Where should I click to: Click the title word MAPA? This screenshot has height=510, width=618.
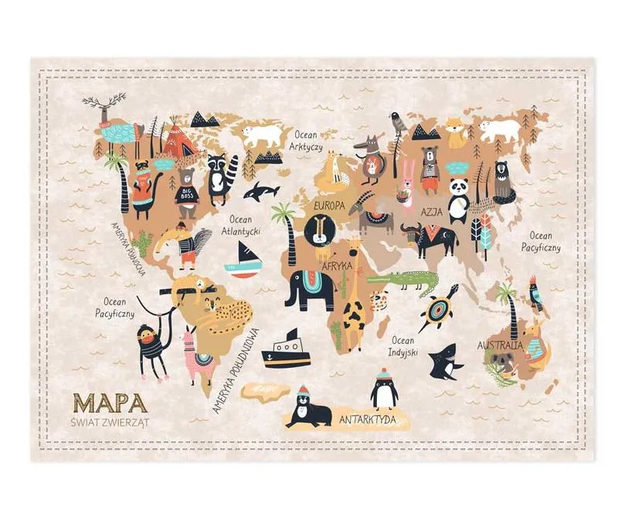point(110,402)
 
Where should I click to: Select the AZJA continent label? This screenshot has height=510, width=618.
point(432,212)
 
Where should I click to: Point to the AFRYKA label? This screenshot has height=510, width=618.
point(337,265)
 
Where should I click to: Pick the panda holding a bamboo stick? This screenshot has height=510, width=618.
point(459,198)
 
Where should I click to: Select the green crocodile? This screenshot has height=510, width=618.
point(402,282)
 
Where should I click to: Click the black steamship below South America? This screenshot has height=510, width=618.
point(285,351)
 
